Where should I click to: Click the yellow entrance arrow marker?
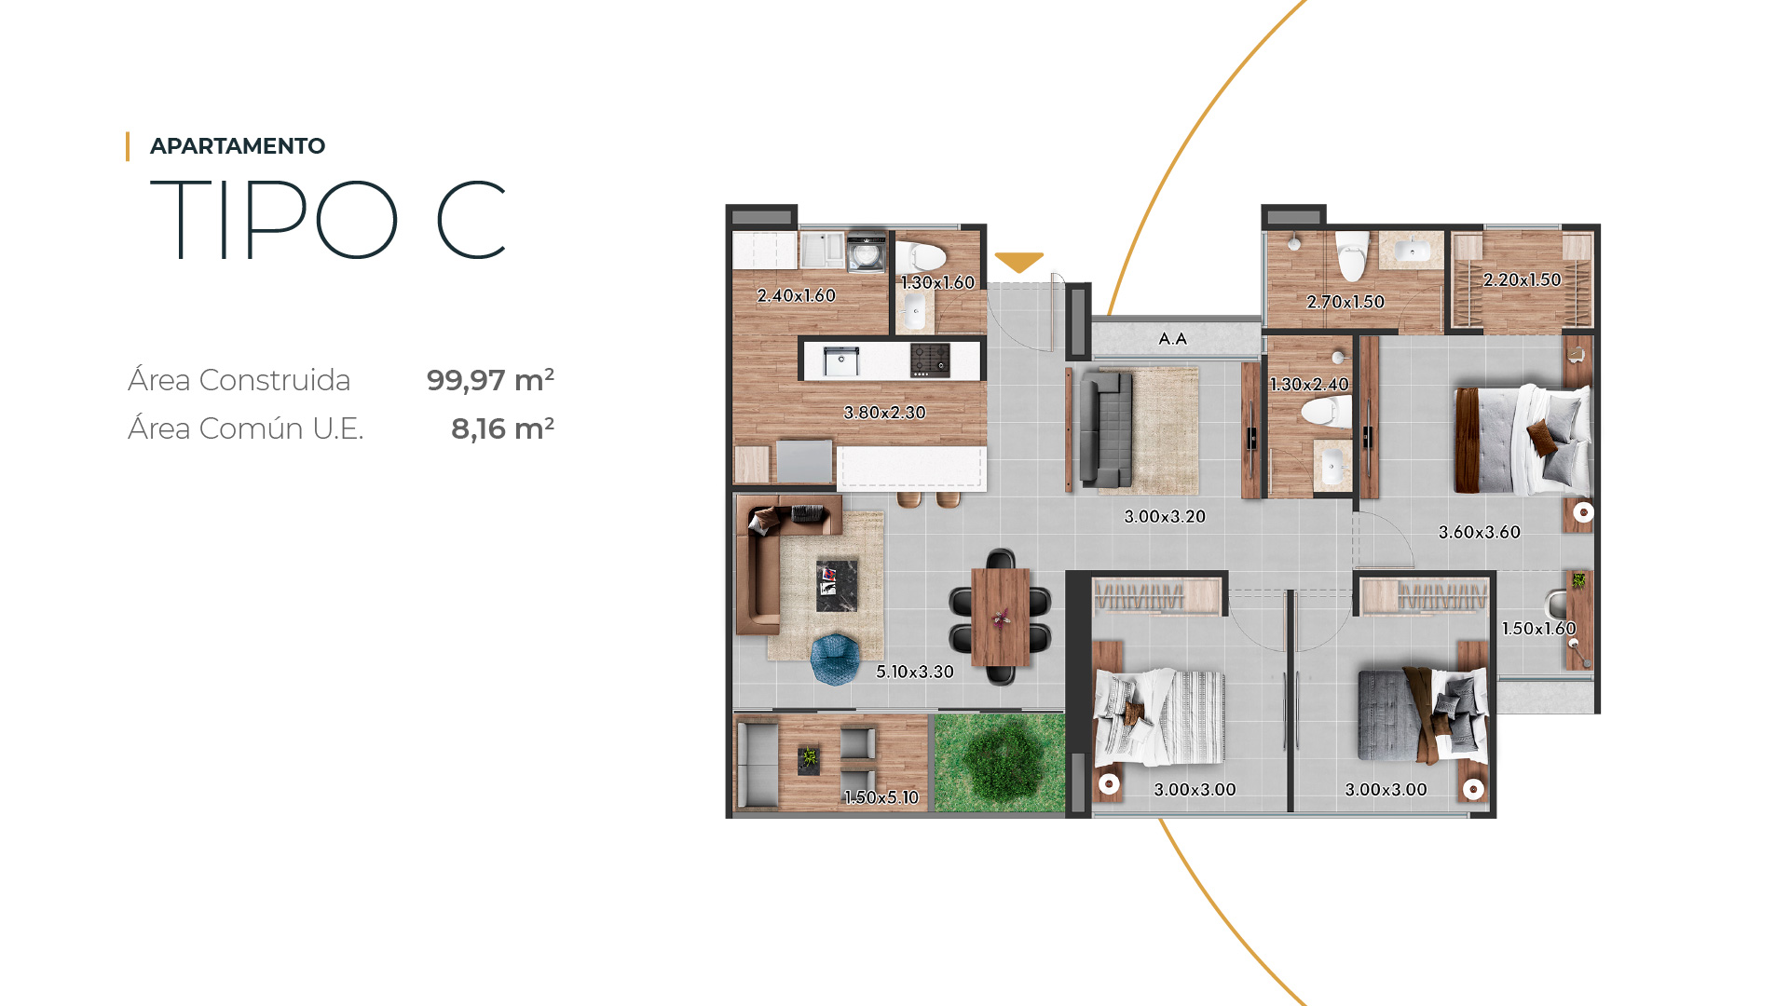(x=1018, y=262)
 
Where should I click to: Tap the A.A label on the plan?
(x=1173, y=339)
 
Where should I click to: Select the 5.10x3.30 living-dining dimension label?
(x=915, y=672)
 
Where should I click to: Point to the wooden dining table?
(x=1001, y=617)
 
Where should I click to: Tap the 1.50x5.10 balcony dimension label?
(x=881, y=797)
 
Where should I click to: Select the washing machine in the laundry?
(x=867, y=251)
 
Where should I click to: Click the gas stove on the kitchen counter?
(x=930, y=360)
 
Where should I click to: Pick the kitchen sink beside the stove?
(x=840, y=360)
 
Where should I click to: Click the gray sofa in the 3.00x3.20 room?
(x=1106, y=428)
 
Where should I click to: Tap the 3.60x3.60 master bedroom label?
(x=1480, y=533)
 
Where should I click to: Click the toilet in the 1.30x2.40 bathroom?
(x=1326, y=411)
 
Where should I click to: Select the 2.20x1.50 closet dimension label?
(x=1523, y=279)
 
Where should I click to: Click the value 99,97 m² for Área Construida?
(x=490, y=380)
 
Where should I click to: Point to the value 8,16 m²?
(x=502, y=428)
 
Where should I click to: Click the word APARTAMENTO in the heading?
(x=238, y=146)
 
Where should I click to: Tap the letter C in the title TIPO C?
(x=471, y=220)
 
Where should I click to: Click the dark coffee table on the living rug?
(x=836, y=585)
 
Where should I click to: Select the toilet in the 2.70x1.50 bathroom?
(x=1351, y=256)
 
